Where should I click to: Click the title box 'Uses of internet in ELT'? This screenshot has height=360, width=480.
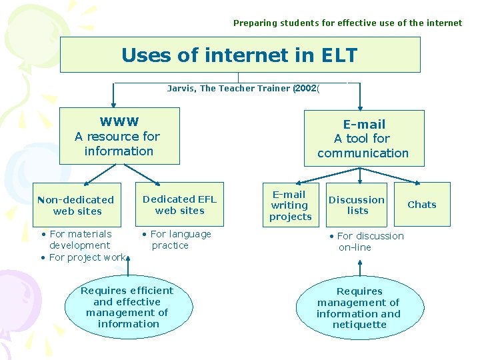(x=240, y=55)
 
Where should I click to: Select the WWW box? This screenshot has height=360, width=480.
(x=119, y=136)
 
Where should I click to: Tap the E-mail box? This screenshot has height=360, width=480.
(x=363, y=138)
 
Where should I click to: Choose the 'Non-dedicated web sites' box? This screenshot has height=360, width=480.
(x=78, y=205)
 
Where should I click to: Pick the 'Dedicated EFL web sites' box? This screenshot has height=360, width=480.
(x=179, y=205)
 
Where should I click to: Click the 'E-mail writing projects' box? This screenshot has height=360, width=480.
(x=290, y=205)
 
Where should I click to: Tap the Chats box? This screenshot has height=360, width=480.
(x=421, y=205)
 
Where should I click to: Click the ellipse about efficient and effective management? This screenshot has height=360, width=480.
(x=127, y=307)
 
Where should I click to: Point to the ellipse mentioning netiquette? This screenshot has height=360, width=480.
(x=359, y=308)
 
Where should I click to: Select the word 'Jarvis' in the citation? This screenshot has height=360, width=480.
(x=181, y=89)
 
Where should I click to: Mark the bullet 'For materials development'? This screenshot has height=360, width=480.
(x=79, y=239)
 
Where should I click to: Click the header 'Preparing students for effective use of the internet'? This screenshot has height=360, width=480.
(x=347, y=23)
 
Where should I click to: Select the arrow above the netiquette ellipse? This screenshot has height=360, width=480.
(x=360, y=267)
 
